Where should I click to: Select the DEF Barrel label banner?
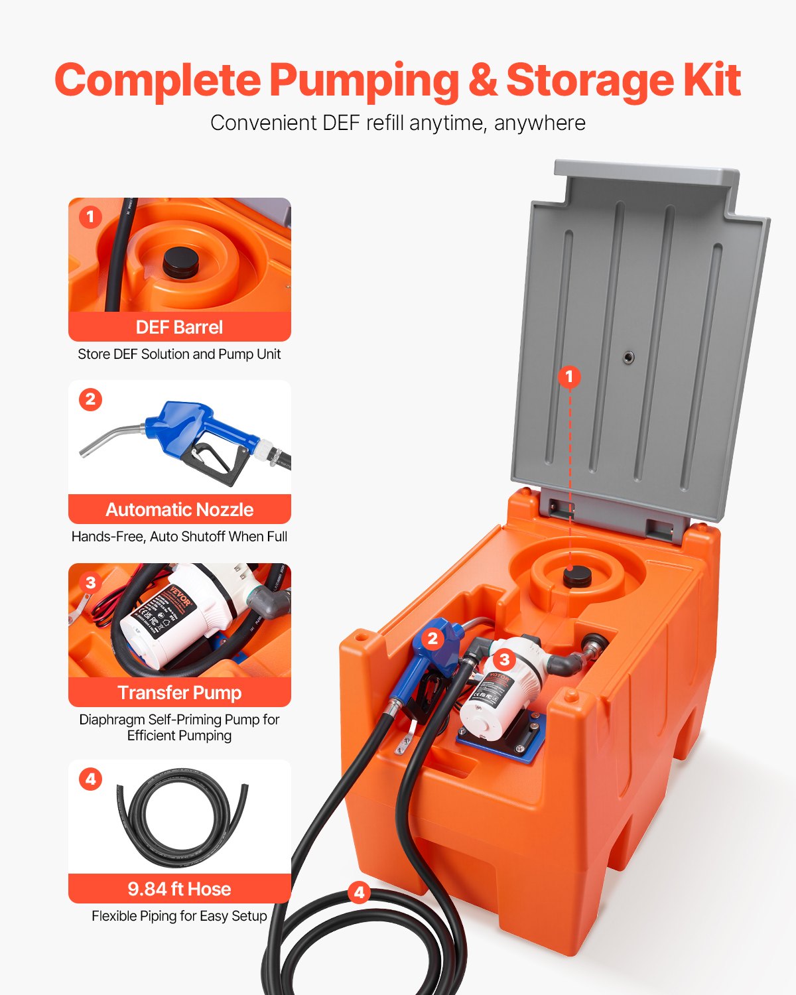179,327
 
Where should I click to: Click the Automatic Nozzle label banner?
179,509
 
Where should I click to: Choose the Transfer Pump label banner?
179,693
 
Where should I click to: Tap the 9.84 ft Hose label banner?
179,889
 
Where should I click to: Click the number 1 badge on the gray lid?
568,377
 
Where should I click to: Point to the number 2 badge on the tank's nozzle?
432,638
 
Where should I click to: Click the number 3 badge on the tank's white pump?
504,659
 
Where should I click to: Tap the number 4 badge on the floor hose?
359,892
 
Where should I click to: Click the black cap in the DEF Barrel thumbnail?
180,263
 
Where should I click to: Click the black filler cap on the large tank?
577,576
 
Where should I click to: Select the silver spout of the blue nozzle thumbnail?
109,438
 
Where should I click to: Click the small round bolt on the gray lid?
628,358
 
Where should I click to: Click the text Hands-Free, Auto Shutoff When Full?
179,537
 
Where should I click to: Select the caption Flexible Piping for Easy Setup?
179,916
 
